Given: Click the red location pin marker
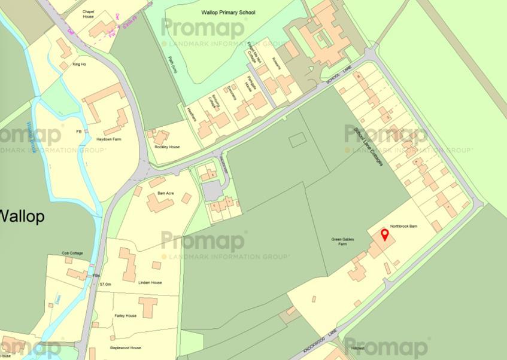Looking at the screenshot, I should point(384,234).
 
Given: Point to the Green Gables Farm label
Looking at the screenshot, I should point(343,242).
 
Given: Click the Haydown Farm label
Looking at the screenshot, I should point(108,139).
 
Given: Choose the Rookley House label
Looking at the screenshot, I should point(167,147).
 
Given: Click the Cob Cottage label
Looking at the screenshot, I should point(72,254).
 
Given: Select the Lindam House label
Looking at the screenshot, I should point(150,282).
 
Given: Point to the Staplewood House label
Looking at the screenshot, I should point(125,347).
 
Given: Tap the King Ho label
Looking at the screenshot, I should point(80,64).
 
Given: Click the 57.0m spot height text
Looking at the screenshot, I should point(105,284).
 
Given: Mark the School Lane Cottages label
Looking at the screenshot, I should point(368,146).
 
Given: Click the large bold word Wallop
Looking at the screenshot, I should point(22,216).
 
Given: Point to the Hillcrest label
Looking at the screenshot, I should point(359,347).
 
